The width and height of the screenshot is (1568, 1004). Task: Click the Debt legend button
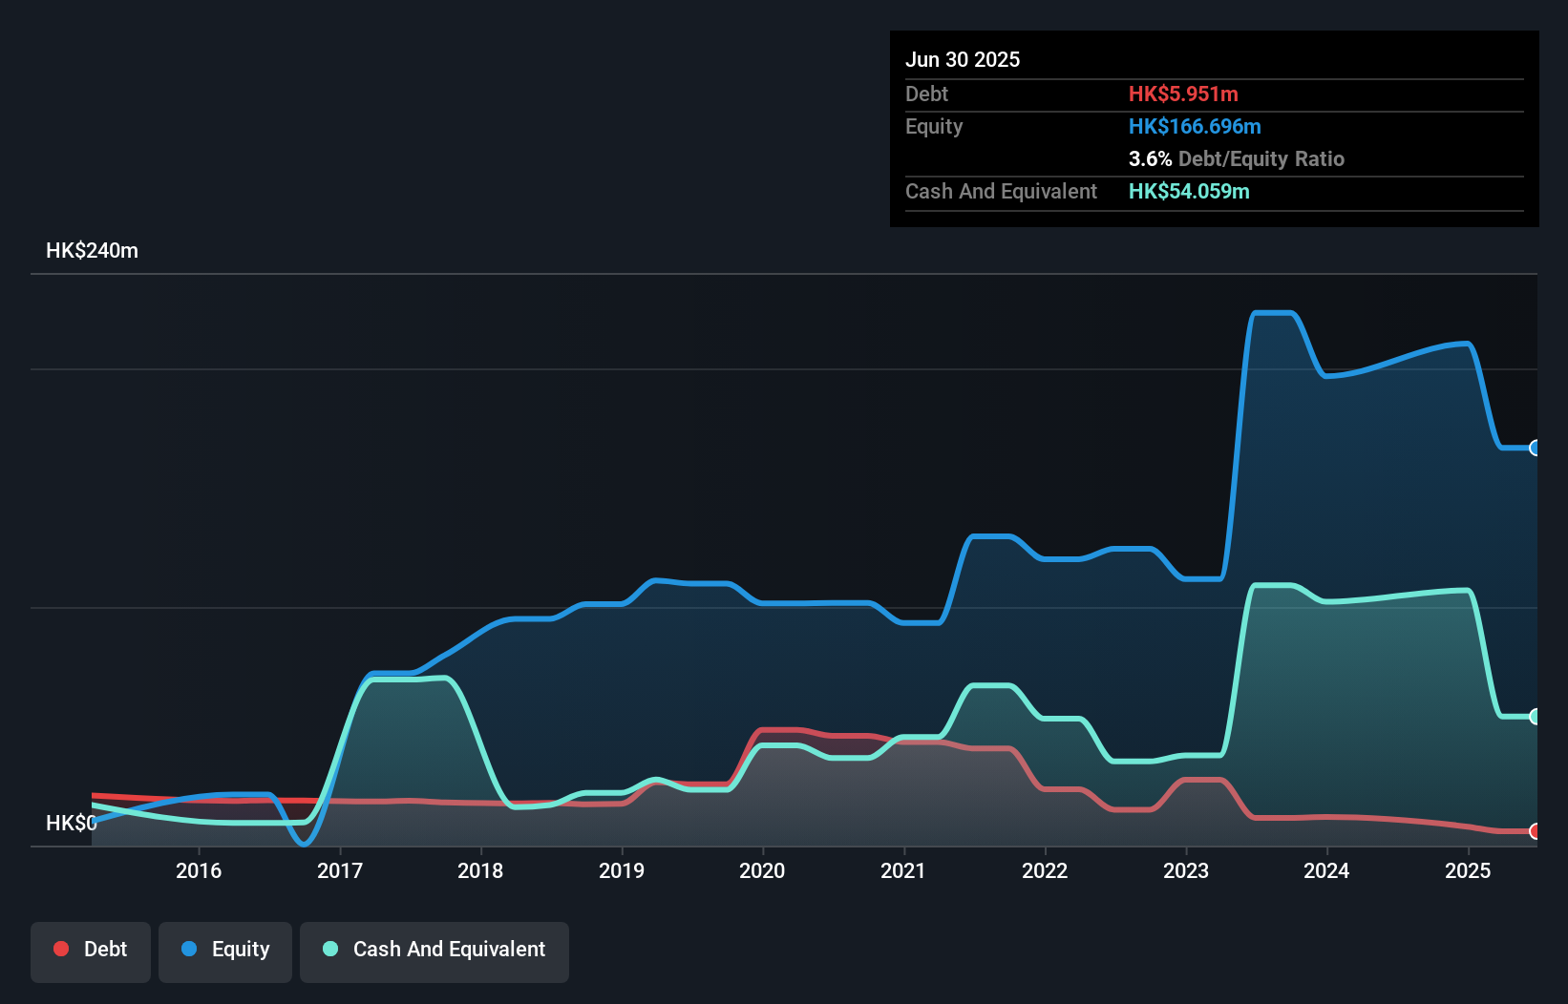[91, 950]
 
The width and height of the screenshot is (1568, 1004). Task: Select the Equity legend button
[225, 950]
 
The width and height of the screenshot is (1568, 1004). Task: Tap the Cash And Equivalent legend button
[434, 950]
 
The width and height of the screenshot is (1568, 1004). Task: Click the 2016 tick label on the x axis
[199, 870]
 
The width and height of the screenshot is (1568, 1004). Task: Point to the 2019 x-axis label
[622, 870]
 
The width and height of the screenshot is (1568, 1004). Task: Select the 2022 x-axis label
[1045, 870]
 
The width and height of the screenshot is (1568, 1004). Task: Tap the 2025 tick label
[1468, 870]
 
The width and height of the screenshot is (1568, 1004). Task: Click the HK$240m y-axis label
[92, 251]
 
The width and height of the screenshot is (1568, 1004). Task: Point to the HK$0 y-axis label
[71, 823]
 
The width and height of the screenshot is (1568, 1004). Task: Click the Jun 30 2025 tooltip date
[963, 59]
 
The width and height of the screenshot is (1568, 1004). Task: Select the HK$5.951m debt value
[1183, 94]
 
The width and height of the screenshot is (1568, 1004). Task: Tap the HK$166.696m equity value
[1195, 126]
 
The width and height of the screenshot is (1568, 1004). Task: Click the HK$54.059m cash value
[1189, 191]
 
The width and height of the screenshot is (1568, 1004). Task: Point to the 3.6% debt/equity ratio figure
[1150, 158]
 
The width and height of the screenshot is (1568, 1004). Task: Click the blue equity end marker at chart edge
[1535, 448]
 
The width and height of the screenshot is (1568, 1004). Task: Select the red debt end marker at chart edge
[1535, 831]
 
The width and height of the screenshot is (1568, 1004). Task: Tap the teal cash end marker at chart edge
[1535, 717]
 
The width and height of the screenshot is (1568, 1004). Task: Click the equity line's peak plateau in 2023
[1273, 313]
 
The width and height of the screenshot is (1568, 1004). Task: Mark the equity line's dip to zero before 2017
[304, 843]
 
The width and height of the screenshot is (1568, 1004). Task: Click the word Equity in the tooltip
[934, 126]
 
